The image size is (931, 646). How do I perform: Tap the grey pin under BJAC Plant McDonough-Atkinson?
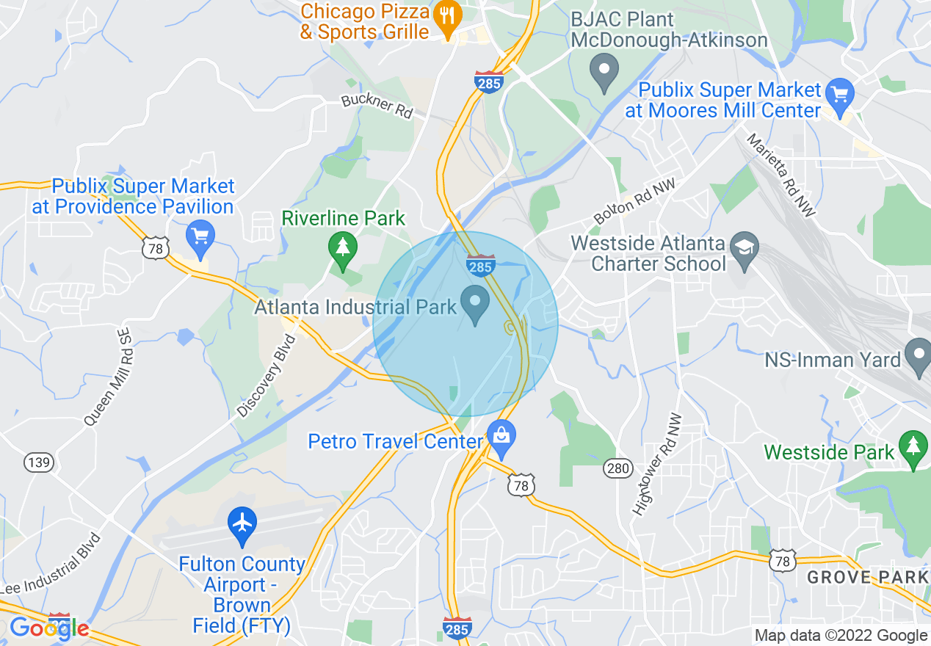(x=604, y=71)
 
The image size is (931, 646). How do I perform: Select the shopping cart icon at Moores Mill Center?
(x=839, y=94)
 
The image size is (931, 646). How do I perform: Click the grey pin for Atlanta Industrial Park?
(x=475, y=304)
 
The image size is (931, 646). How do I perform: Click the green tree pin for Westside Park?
(x=913, y=448)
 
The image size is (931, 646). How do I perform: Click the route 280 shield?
(x=617, y=468)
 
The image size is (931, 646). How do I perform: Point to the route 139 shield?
(x=38, y=462)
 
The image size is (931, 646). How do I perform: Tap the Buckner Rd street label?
(x=377, y=106)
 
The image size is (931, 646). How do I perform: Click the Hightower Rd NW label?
(x=656, y=464)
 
